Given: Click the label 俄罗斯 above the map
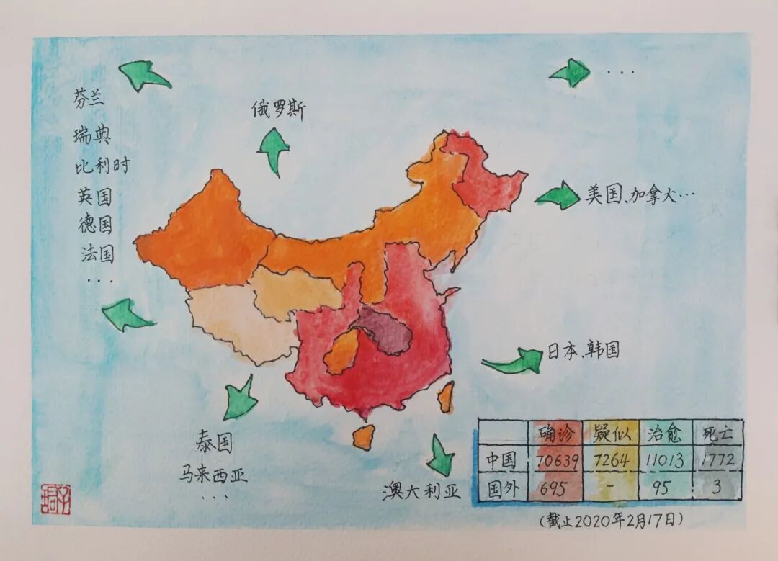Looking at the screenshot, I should (278, 110).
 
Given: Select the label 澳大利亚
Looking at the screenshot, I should (421, 492).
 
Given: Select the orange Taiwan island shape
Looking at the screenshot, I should (446, 397).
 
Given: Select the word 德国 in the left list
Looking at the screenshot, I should (95, 224).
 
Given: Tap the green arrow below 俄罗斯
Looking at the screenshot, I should (274, 149).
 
